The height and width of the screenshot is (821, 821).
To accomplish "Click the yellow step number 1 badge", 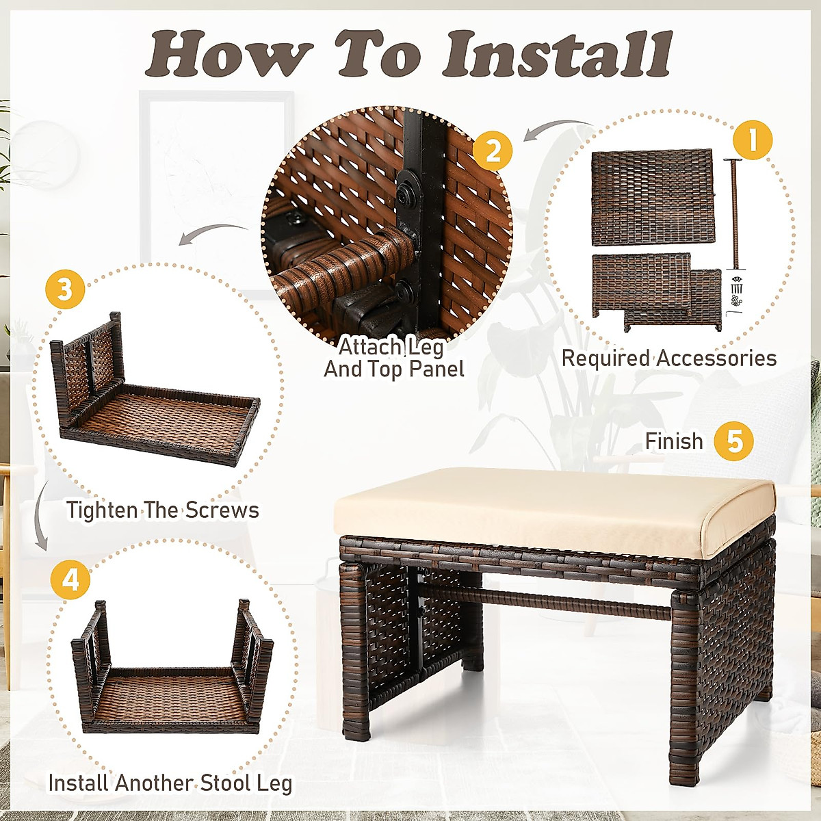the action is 753,140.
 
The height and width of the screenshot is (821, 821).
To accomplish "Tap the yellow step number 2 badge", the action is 492,151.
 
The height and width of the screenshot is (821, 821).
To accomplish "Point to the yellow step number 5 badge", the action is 733,441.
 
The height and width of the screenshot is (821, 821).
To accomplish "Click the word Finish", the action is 674,441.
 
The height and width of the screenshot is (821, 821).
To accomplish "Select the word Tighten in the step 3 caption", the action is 102,510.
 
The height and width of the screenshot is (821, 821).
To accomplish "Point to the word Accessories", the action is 716,358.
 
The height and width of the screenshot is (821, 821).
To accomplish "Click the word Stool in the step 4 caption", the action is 226,771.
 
